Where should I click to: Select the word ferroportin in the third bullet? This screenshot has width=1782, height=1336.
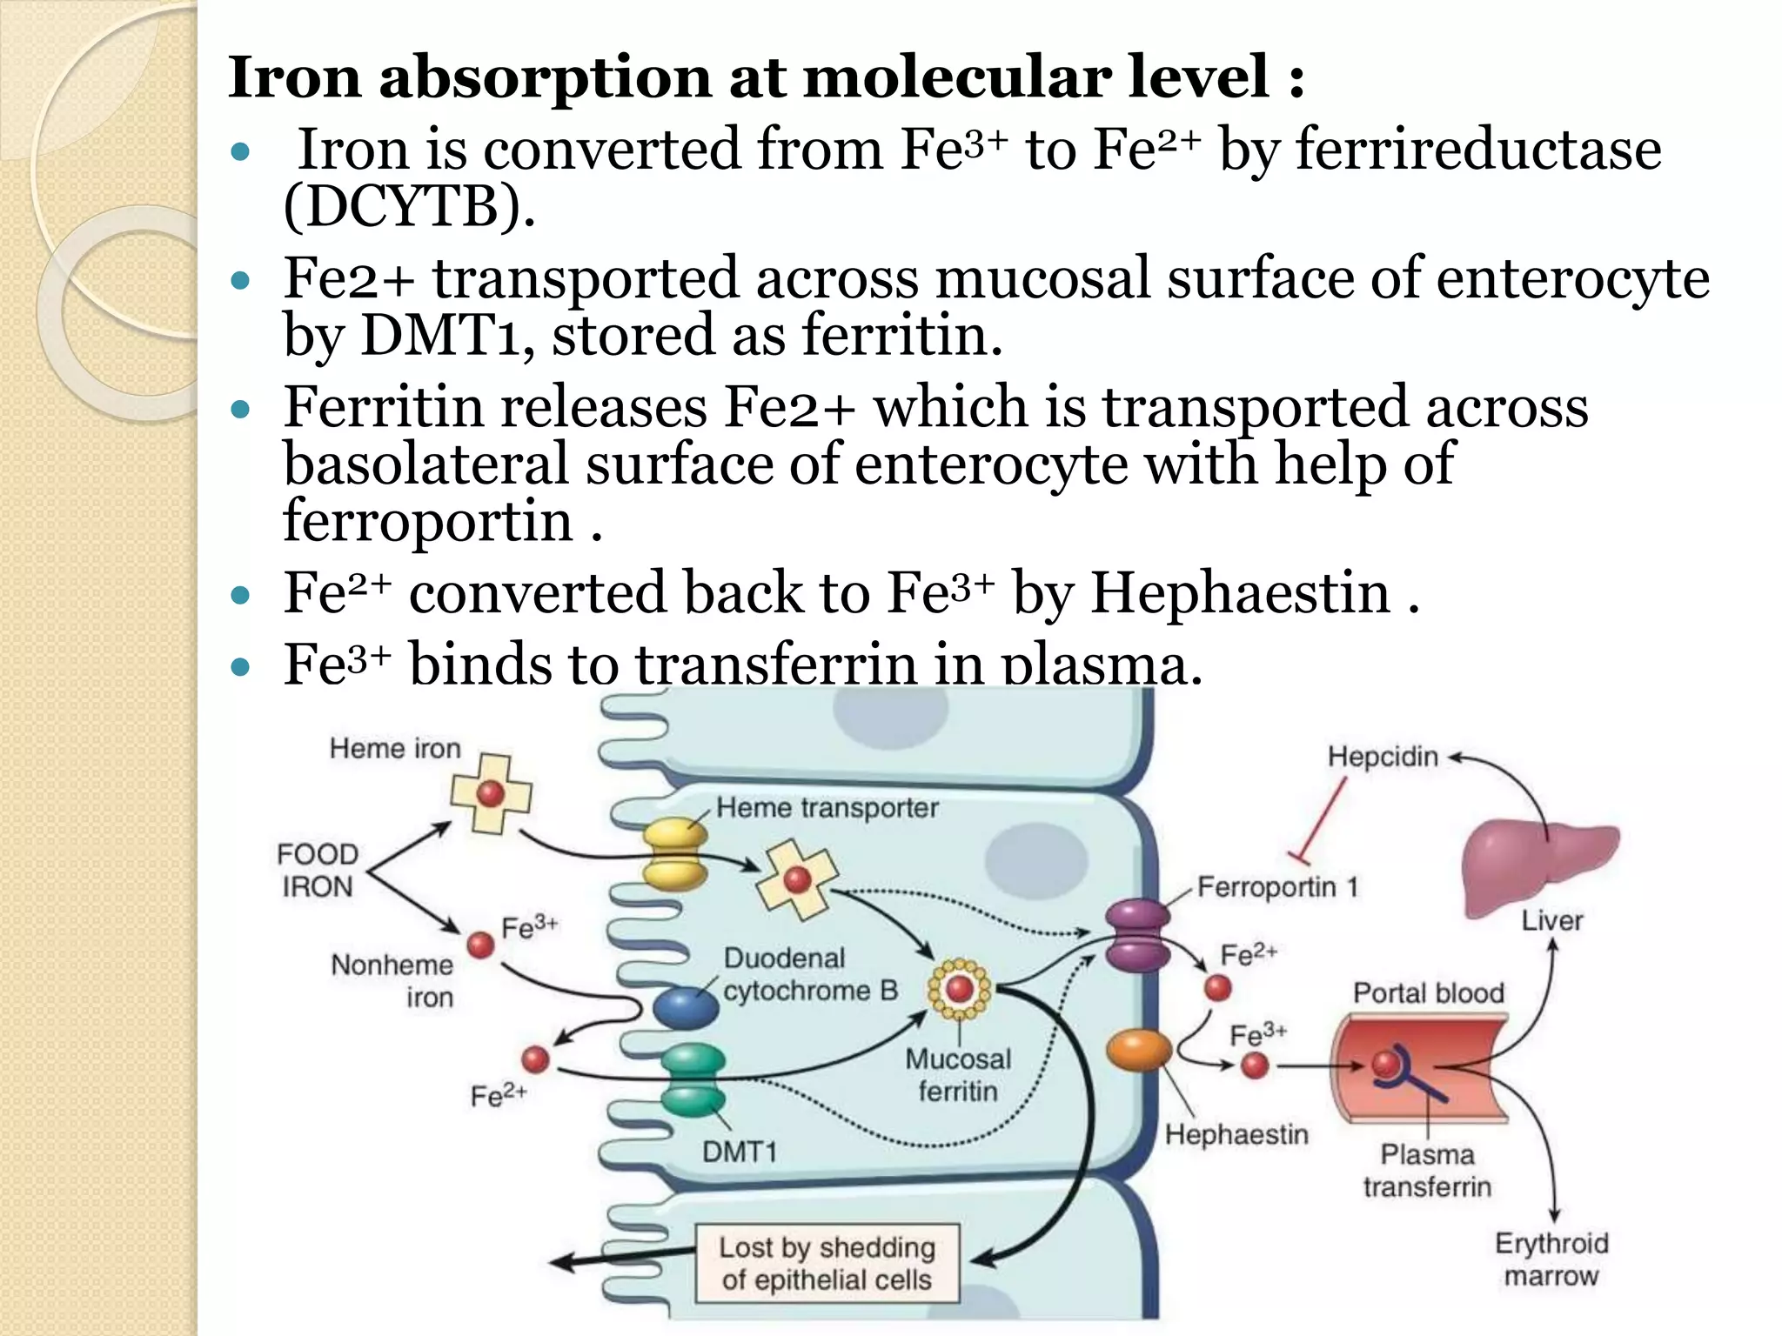(x=427, y=521)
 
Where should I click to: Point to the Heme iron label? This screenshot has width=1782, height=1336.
(x=394, y=748)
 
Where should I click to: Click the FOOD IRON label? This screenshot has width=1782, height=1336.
(x=318, y=870)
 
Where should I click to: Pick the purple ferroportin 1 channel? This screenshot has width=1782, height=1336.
(x=1137, y=936)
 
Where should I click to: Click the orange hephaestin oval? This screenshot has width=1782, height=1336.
(x=1138, y=1050)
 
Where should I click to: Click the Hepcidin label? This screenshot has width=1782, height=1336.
(x=1382, y=757)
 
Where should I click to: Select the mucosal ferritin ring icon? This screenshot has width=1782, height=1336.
(x=959, y=989)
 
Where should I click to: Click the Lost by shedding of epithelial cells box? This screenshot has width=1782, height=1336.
(x=827, y=1263)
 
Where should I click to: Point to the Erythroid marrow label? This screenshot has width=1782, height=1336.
(x=1551, y=1259)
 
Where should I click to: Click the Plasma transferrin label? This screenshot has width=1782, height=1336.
(x=1427, y=1170)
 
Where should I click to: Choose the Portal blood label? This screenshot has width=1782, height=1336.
(x=1428, y=992)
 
